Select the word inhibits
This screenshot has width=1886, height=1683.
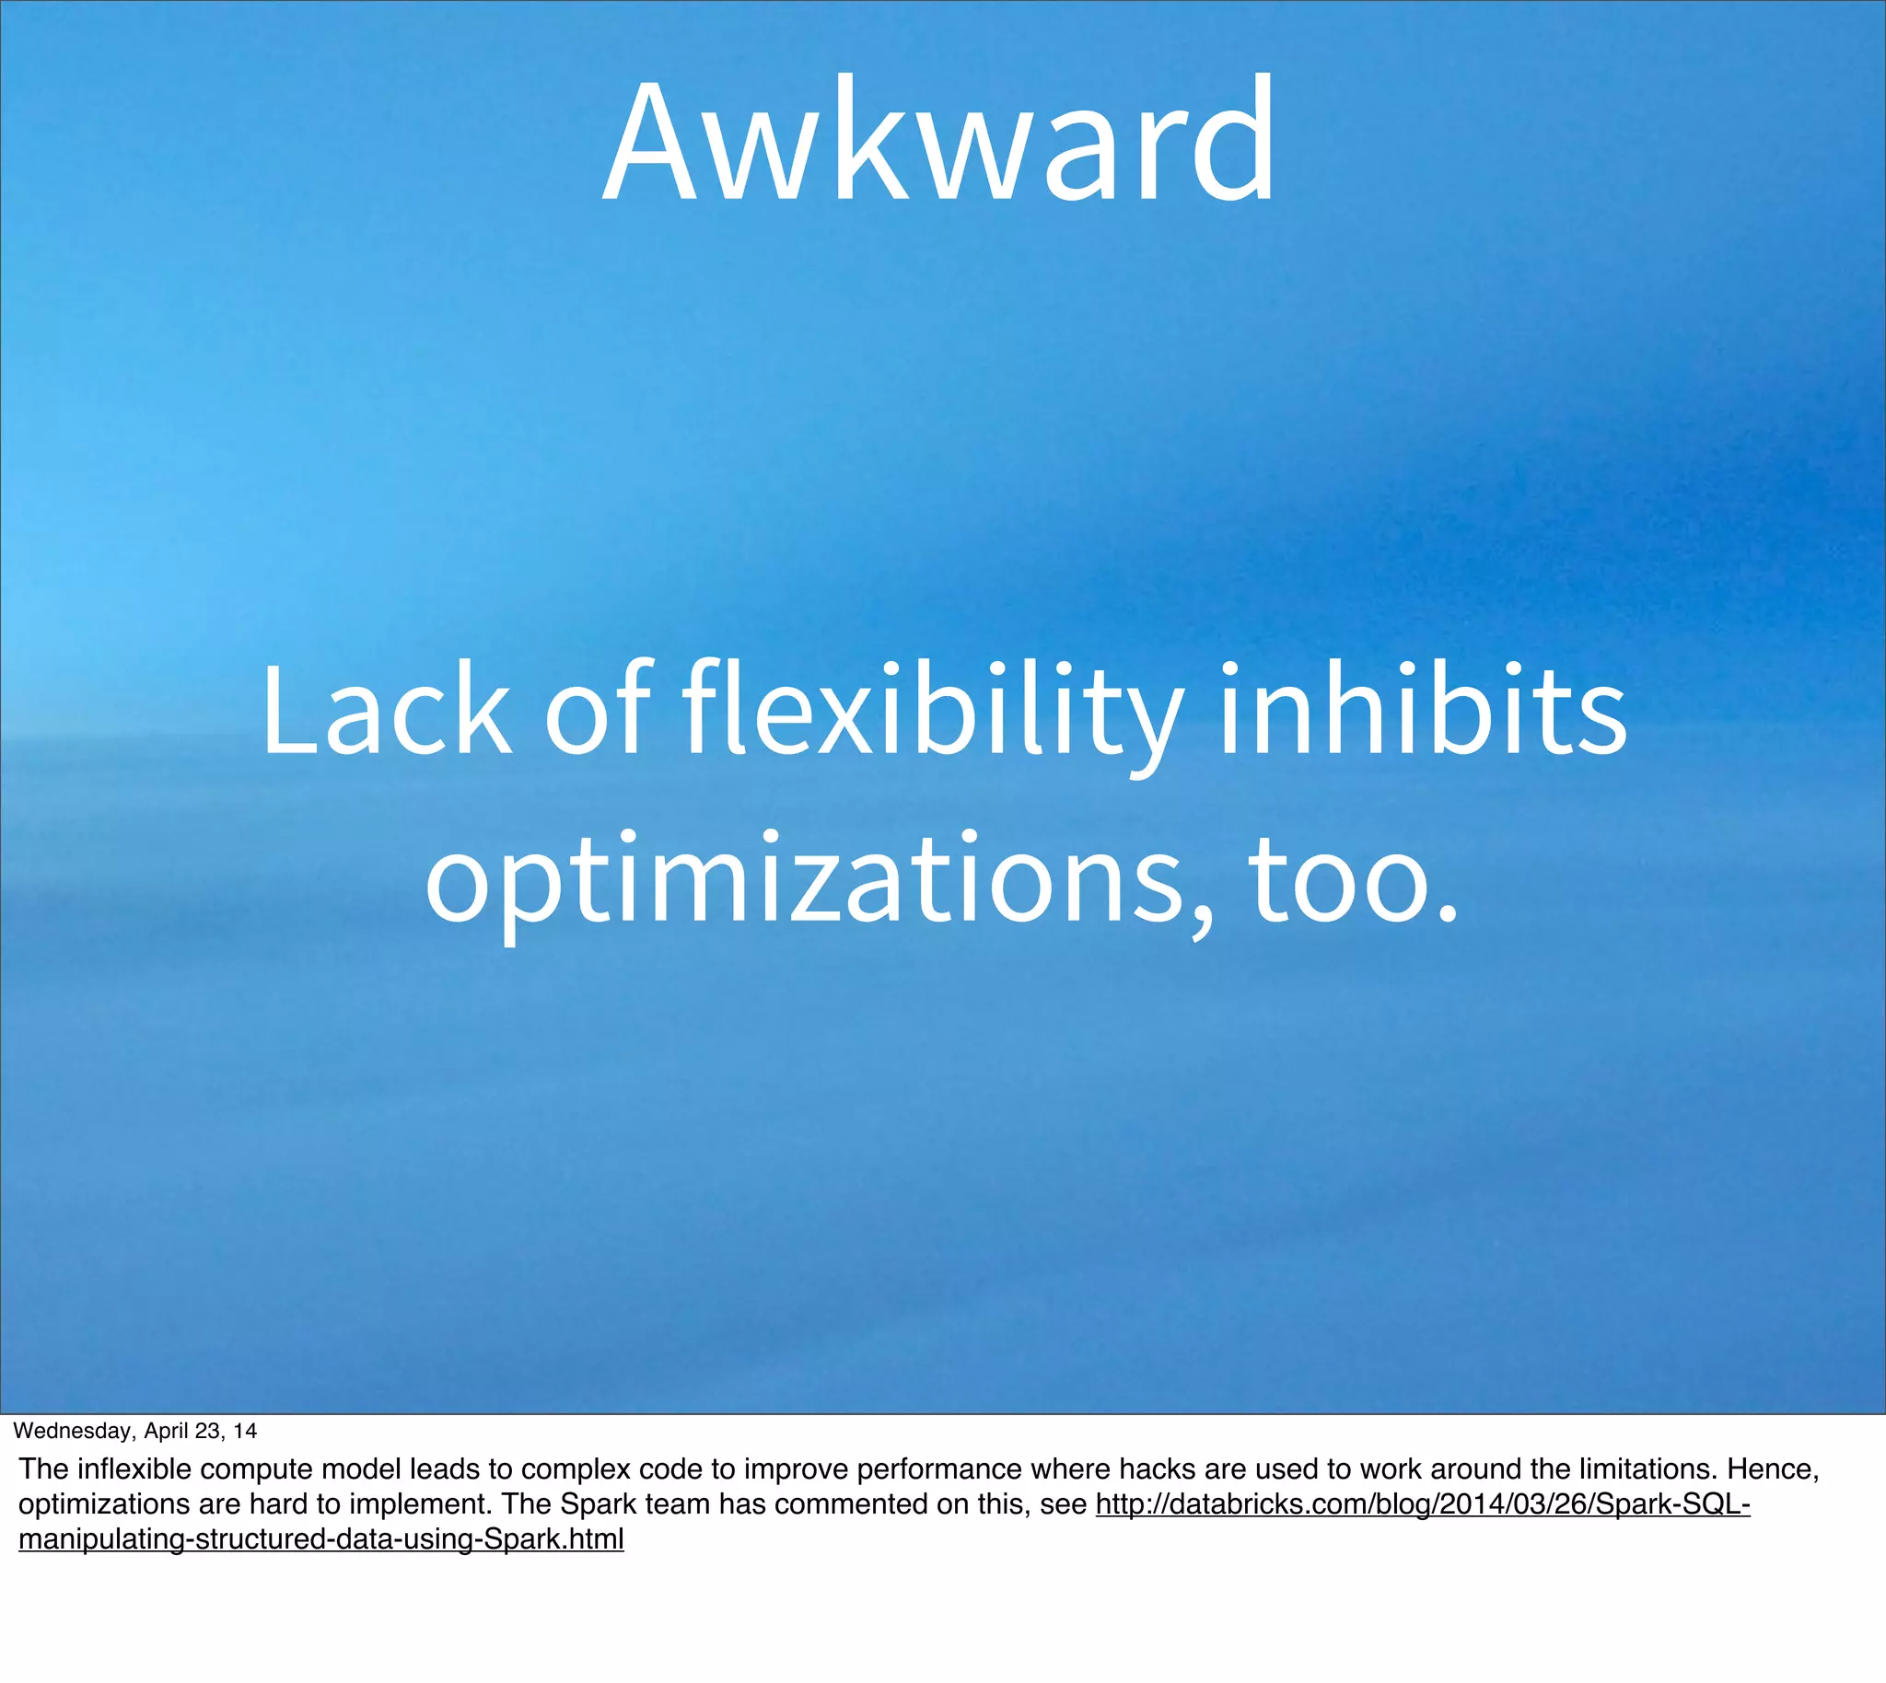(1422, 710)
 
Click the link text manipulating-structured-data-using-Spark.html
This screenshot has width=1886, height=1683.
(321, 1539)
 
